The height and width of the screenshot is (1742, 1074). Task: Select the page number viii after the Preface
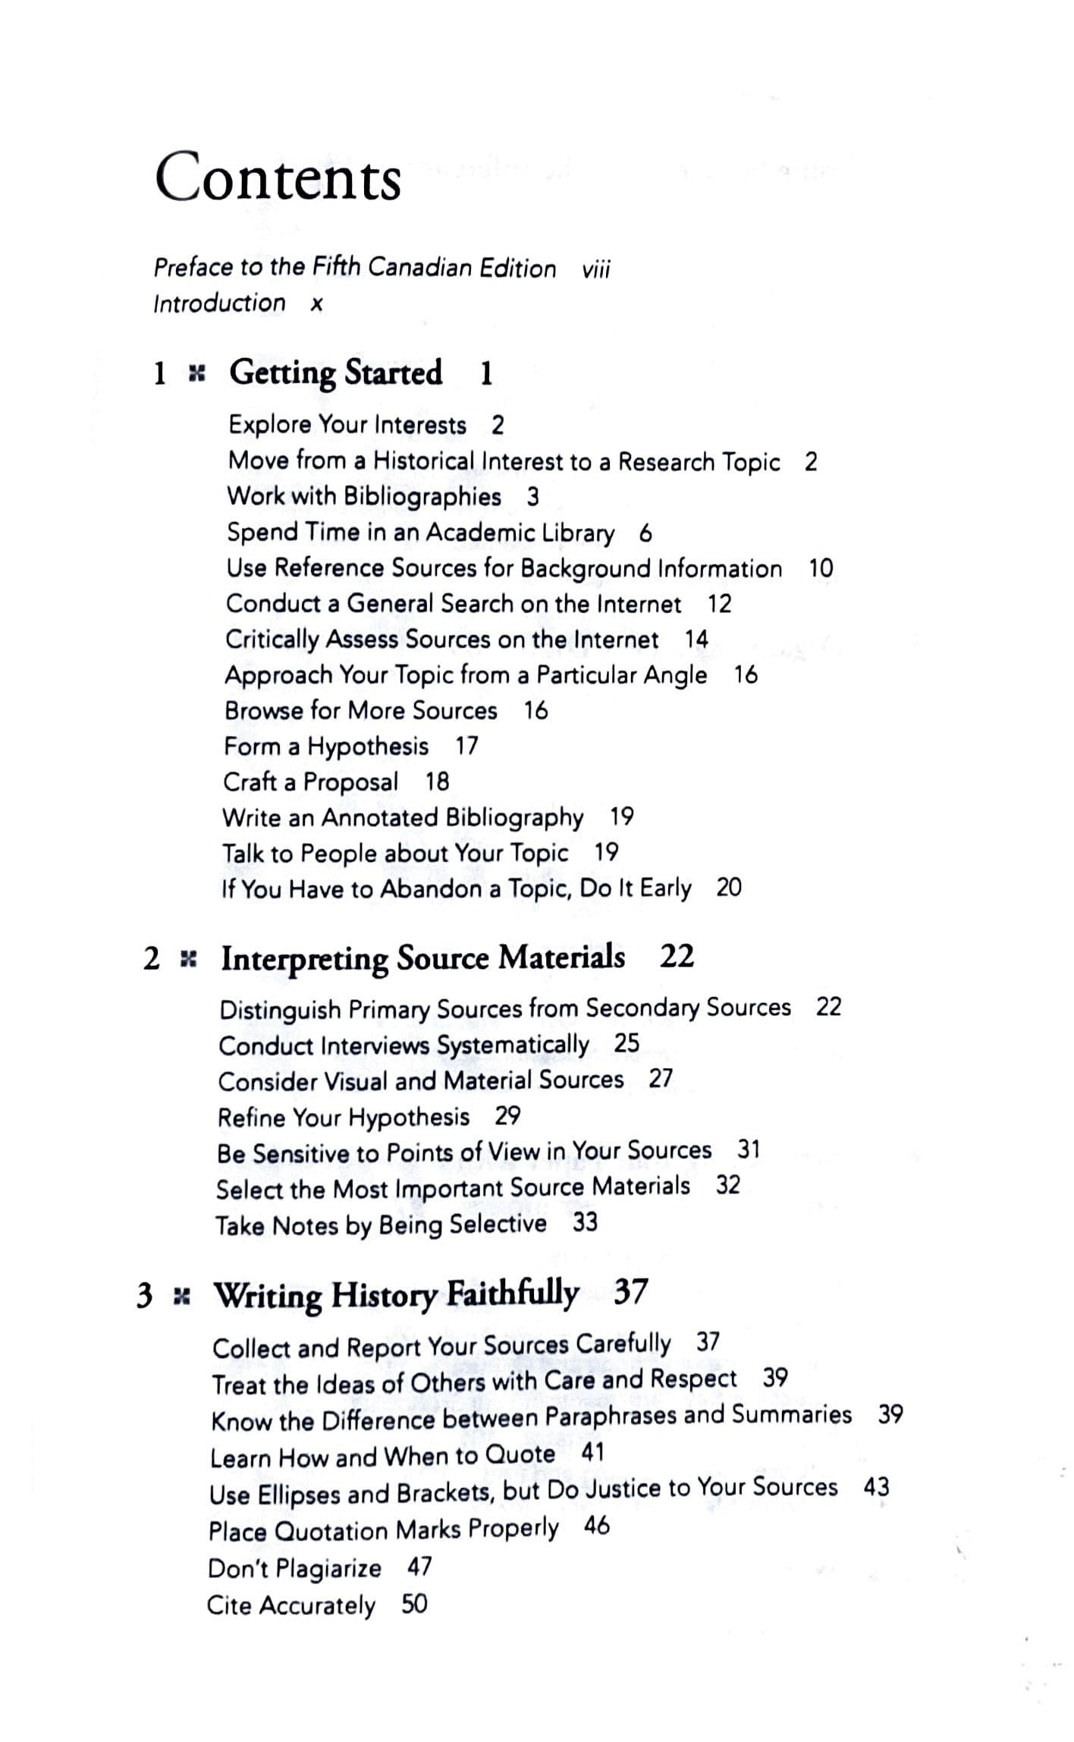(596, 269)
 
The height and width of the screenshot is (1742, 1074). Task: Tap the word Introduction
(219, 303)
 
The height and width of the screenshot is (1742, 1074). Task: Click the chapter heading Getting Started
(335, 373)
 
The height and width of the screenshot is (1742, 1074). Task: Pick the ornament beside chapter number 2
(187, 960)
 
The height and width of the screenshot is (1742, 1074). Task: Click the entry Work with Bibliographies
(364, 496)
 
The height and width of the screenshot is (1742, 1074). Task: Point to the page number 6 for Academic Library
(645, 533)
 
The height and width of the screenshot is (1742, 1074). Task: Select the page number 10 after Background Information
(821, 568)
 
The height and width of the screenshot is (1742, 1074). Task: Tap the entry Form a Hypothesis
(326, 747)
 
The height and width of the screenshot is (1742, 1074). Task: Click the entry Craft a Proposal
(310, 782)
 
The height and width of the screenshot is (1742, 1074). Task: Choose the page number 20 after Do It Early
(729, 887)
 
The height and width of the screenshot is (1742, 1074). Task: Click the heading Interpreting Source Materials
(422, 958)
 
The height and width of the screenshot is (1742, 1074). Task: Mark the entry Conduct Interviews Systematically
(404, 1046)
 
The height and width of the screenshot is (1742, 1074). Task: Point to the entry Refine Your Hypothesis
(344, 1118)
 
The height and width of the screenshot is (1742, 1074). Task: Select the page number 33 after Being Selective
(585, 1223)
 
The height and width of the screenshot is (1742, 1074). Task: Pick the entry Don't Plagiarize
(294, 1568)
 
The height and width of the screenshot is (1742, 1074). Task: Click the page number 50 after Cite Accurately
(414, 1604)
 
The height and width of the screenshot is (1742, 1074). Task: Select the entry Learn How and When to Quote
(382, 1457)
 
